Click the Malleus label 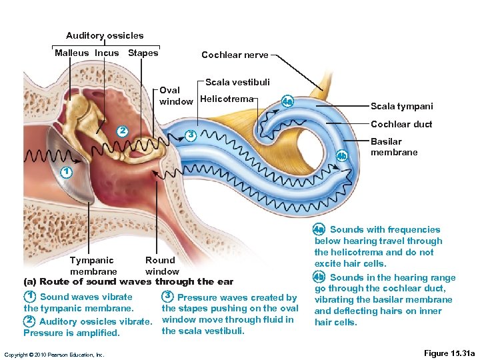pos(71,53)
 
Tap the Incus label pos(107,53)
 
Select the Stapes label pos(143,53)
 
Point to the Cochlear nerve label pos(235,55)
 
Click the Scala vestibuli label pos(237,82)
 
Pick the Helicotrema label pos(227,99)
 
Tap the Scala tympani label pos(401,106)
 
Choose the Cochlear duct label pos(401,124)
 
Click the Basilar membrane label pos(394,147)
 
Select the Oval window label pos(176,96)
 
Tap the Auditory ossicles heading pos(105,35)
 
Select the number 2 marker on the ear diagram pos(122,130)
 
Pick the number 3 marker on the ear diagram pos(190,134)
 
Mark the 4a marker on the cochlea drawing pos(287,101)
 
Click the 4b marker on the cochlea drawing pos(341,156)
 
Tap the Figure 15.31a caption pos(449,353)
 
